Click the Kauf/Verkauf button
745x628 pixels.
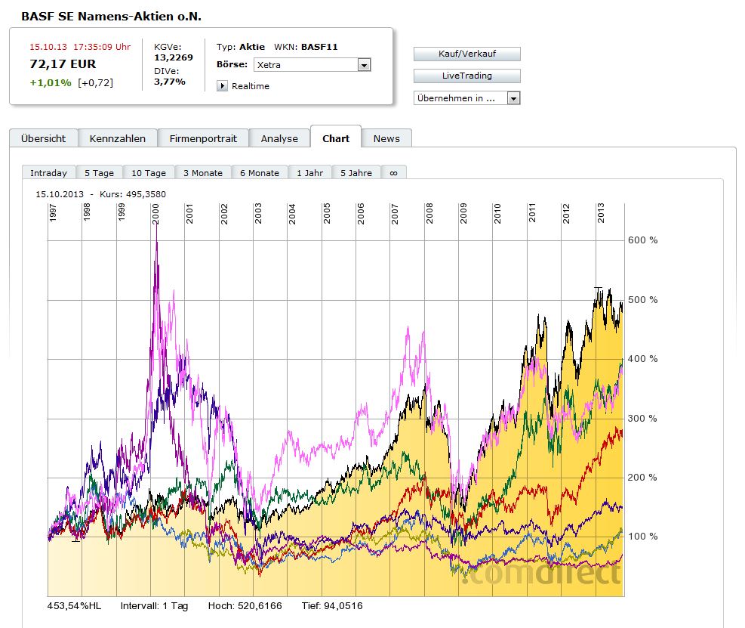tap(466, 54)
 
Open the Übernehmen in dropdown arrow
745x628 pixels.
tap(513, 98)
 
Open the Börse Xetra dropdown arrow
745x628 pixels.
tap(364, 65)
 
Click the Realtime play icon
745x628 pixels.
tap(222, 86)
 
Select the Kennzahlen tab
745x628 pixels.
tap(117, 138)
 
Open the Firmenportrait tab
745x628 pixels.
tap(203, 138)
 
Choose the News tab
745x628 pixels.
tap(386, 138)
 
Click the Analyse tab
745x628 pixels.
tap(279, 138)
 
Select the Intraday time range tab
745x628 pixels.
tap(48, 173)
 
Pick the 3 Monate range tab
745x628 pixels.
tap(203, 173)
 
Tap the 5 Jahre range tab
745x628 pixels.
tap(356, 173)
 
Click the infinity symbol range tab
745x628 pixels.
tap(393, 173)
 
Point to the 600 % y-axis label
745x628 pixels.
tap(642, 240)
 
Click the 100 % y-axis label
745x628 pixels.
tap(642, 537)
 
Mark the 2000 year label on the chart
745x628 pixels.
tap(155, 212)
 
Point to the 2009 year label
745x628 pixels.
tap(463, 212)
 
